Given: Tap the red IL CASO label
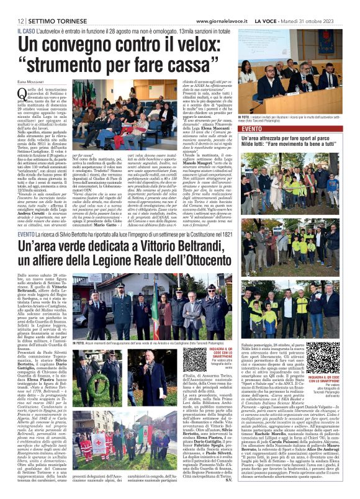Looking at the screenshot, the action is point(26,30).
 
